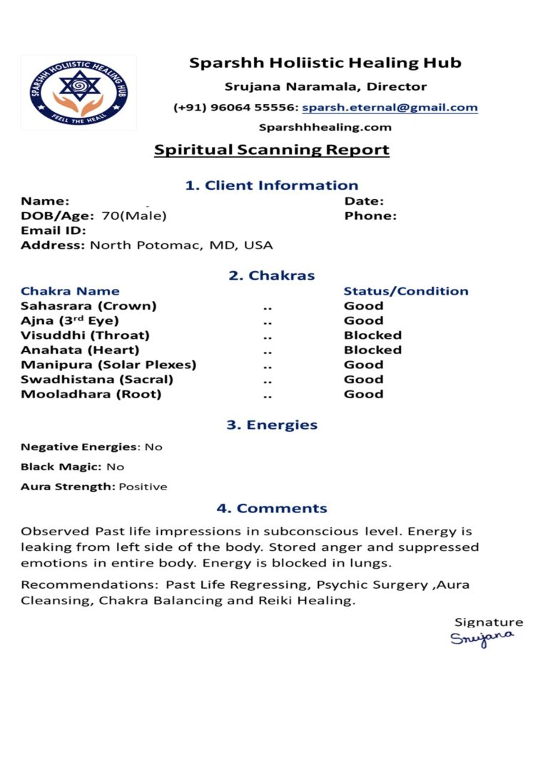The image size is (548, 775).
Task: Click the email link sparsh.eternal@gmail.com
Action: (390, 108)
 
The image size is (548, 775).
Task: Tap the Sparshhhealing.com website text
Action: (325, 128)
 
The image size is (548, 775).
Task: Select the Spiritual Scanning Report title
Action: (272, 150)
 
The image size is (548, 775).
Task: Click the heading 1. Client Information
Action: (272, 186)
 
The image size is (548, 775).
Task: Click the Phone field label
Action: (370, 216)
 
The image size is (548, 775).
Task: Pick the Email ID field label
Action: (54, 231)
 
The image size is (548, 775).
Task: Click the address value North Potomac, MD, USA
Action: (181, 245)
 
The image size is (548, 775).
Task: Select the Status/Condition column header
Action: (406, 291)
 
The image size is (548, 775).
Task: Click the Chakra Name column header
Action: (70, 291)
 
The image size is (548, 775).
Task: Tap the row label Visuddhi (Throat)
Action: (85, 335)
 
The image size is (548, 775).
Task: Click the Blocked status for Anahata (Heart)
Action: (372, 350)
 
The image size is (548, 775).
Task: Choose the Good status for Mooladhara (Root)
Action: (363, 394)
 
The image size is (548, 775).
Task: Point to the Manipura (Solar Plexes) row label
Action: (108, 365)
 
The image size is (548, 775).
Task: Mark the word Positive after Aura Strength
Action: (143, 487)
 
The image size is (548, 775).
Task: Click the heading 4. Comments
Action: (272, 509)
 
